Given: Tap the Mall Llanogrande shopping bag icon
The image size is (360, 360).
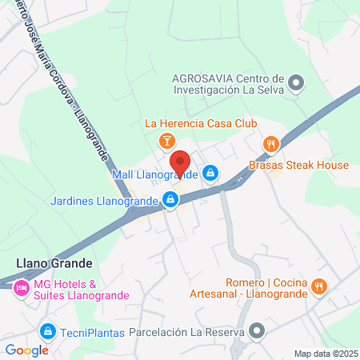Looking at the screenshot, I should (210, 172).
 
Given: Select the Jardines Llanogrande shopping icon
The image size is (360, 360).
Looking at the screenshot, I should (170, 199).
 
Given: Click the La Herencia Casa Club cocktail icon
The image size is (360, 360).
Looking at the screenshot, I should (166, 142).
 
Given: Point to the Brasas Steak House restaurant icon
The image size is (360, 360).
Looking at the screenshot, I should (271, 144).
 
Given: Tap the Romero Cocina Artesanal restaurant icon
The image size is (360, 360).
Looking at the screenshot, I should (320, 286).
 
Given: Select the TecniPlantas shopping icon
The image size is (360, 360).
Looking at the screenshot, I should (48, 330).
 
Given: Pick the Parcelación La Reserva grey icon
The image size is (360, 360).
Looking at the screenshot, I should (257, 330).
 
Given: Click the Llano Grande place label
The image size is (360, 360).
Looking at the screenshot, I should (54, 262).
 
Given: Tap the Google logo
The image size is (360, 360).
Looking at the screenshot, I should (26, 350).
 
